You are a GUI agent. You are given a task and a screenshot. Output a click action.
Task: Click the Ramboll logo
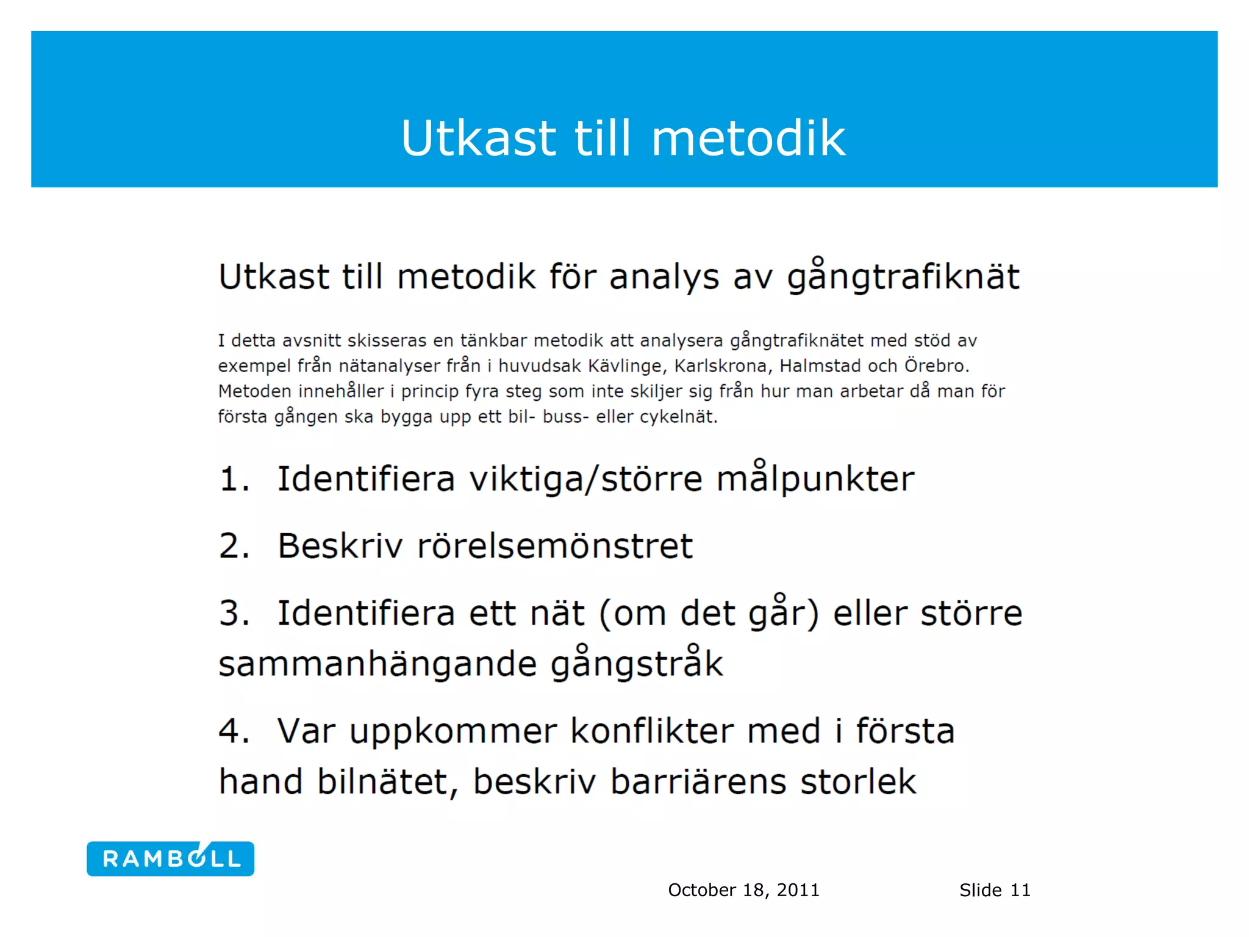point(170,859)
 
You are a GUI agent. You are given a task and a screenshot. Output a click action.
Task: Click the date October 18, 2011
point(743,890)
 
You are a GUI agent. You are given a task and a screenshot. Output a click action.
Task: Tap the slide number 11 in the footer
point(1020,890)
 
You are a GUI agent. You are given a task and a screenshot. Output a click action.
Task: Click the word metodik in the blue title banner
point(748,138)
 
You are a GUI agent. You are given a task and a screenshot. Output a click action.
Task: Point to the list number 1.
point(234,479)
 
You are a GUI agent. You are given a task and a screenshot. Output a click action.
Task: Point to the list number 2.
point(234,546)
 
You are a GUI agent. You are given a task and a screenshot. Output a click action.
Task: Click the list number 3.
point(234,613)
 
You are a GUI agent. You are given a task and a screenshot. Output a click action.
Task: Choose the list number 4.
point(234,731)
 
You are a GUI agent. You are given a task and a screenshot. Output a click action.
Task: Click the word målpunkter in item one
point(815,479)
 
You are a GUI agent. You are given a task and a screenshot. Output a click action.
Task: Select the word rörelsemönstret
point(555,546)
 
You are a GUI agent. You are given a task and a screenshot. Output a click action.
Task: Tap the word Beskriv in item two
point(340,546)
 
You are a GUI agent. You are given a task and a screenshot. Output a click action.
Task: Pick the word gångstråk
point(637,665)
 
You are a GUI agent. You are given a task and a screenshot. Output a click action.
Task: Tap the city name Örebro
point(936,366)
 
